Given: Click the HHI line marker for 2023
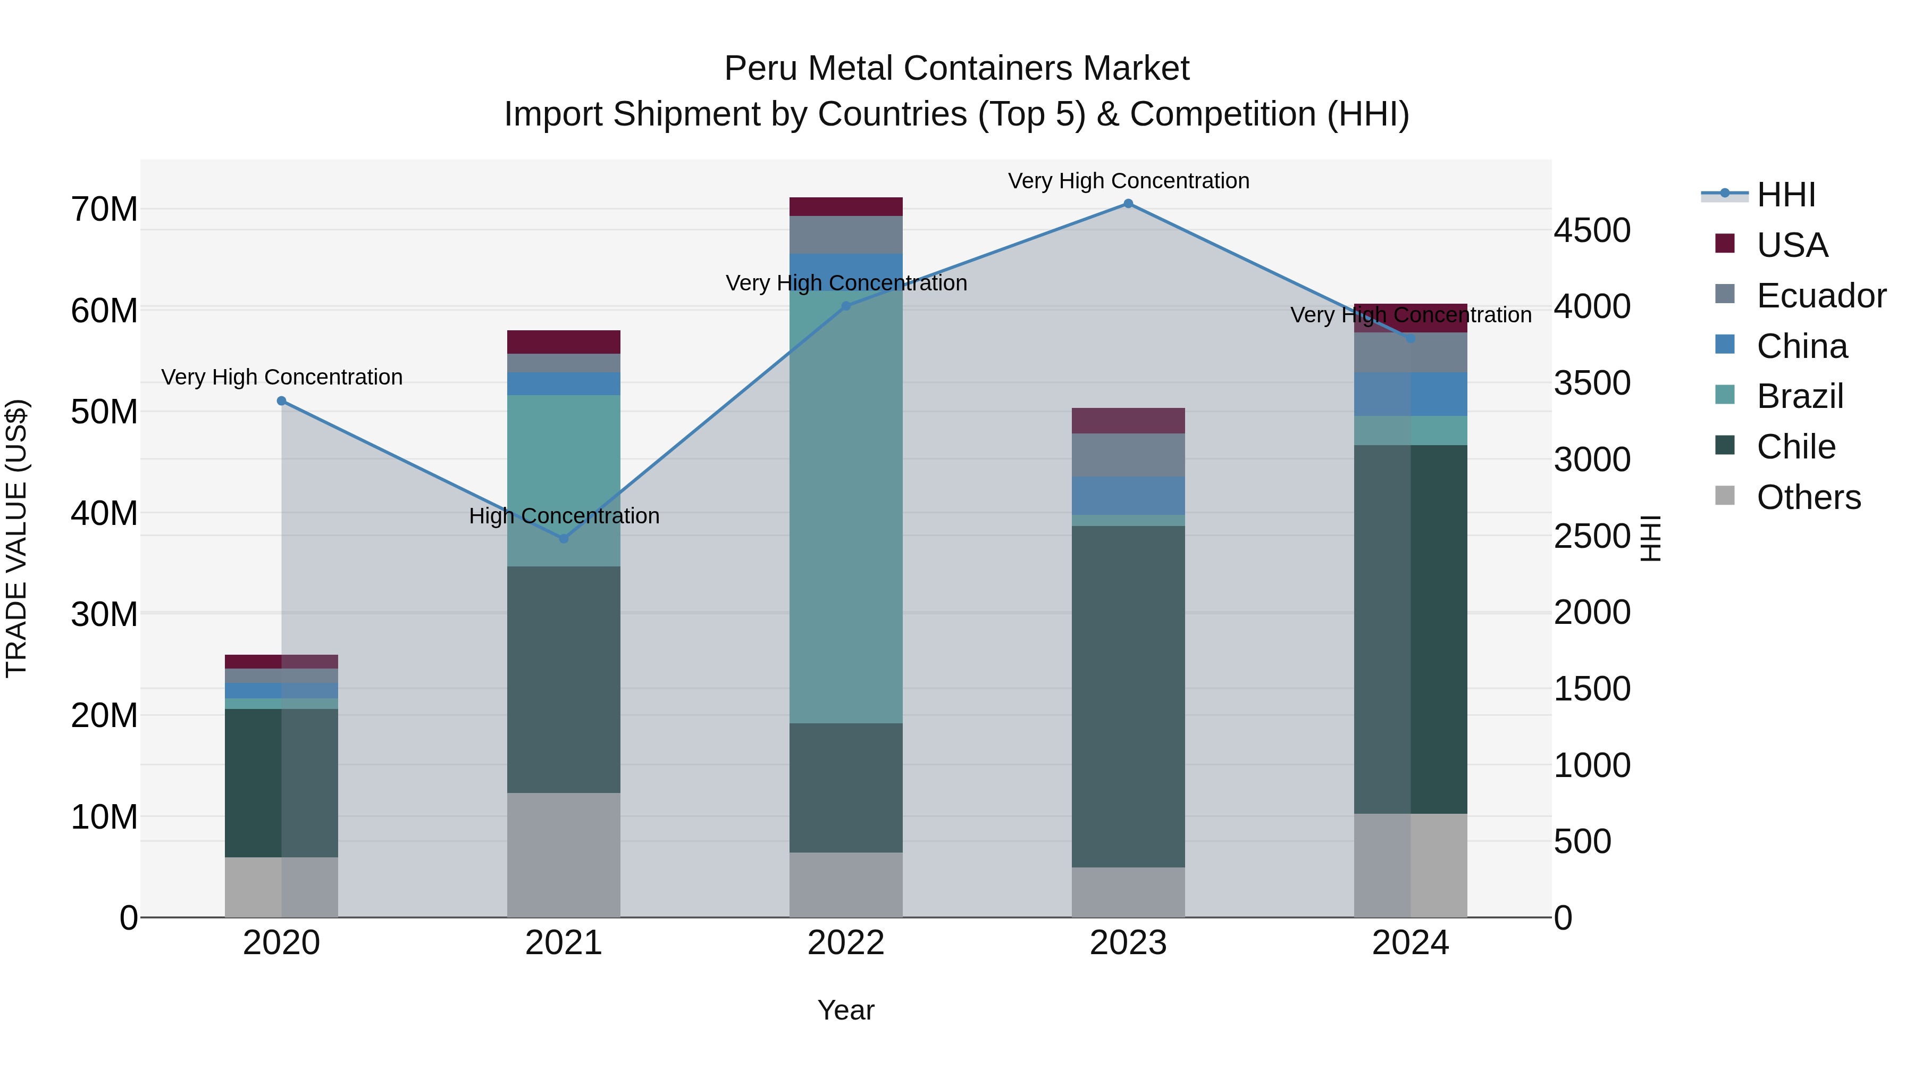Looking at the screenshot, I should point(1128,204).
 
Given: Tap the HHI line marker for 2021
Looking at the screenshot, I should point(563,539).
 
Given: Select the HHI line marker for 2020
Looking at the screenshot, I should point(282,402).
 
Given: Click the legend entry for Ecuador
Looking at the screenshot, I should point(1820,295).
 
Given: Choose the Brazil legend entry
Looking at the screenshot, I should point(1800,396).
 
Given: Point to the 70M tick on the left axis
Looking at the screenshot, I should point(104,210).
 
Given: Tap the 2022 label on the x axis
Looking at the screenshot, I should point(845,943).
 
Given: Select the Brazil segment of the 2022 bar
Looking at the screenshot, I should point(845,505).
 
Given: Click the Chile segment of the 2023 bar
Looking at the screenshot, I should point(1128,696).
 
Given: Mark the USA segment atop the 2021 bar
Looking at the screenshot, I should point(563,342).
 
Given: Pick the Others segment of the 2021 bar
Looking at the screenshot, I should point(563,855).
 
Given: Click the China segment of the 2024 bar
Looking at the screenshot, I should point(1410,394).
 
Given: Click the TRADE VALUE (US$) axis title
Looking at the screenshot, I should point(16,538).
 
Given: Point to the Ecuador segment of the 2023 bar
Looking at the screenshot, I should point(1128,455).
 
